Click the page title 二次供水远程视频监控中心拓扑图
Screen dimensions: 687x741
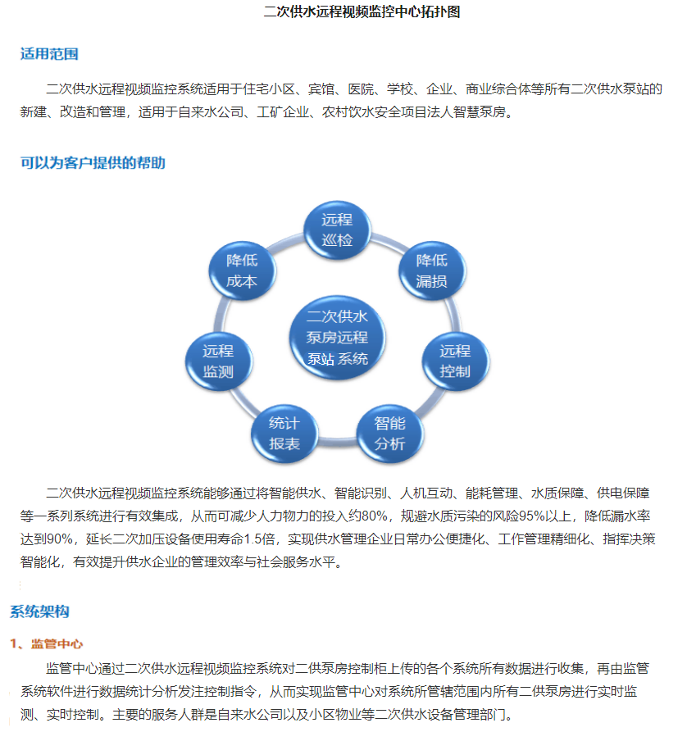click(x=362, y=11)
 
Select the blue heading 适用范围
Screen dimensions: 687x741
click(x=49, y=54)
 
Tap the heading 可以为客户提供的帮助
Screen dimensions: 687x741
click(x=93, y=162)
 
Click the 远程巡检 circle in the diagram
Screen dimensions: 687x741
click(x=337, y=230)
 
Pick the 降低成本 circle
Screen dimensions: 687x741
click(x=242, y=270)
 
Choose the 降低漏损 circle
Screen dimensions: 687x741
click(x=432, y=270)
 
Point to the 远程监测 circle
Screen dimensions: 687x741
click(x=218, y=361)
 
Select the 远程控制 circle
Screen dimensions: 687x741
click(x=455, y=361)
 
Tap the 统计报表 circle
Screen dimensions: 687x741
click(x=284, y=434)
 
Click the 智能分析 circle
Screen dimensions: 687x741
click(x=389, y=434)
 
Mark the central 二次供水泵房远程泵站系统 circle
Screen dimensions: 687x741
click(x=337, y=338)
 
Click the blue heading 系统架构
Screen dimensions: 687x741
click(x=39, y=611)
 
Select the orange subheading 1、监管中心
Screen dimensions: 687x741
click(x=46, y=643)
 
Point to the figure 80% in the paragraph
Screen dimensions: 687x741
click(x=375, y=516)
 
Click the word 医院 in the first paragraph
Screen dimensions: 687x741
click(x=361, y=89)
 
